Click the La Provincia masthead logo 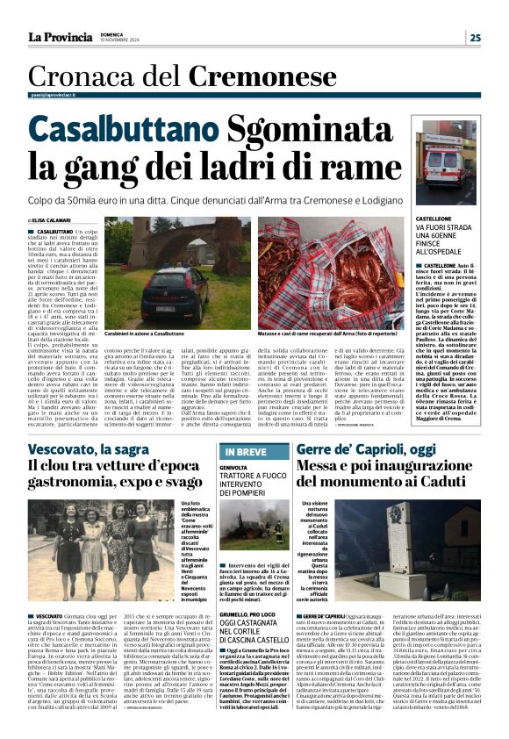click(x=60, y=37)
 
